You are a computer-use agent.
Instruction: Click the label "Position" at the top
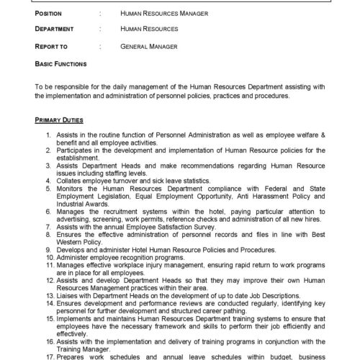(x=50, y=13)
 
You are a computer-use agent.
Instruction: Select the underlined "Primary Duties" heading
(x=58, y=118)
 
